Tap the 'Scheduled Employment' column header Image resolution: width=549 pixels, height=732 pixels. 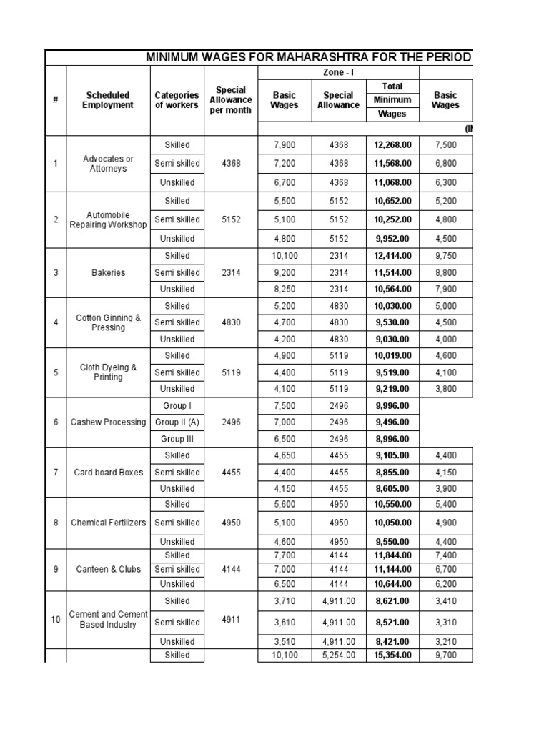click(107, 100)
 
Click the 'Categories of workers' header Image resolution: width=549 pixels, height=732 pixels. click(177, 100)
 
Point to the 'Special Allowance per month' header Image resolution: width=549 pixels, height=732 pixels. click(230, 100)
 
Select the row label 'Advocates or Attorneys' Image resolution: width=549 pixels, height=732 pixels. click(107, 164)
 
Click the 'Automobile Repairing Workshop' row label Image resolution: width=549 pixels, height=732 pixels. click(107, 219)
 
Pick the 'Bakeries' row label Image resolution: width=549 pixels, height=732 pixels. click(107, 272)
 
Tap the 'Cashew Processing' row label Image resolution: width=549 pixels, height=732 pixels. click(107, 422)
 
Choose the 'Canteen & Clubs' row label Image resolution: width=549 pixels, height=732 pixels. click(107, 569)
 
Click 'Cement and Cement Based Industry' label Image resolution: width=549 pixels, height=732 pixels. click(107, 620)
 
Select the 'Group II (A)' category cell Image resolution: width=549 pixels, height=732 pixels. click(177, 422)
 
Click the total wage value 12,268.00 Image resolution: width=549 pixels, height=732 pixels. click(392, 145)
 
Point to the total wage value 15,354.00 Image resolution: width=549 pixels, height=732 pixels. click(392, 655)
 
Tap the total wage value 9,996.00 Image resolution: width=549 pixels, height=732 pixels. click(392, 405)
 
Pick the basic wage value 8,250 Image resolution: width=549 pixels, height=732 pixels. click(284, 289)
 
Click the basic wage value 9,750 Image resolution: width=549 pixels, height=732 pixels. click(445, 255)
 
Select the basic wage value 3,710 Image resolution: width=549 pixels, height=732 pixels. click(284, 601)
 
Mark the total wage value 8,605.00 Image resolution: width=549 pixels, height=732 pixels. click(392, 489)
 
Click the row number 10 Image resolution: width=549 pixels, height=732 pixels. click(56, 620)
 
